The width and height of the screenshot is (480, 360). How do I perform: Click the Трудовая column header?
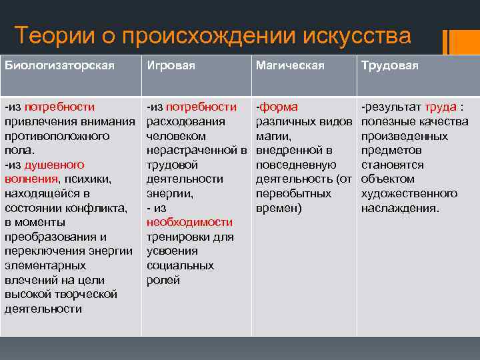point(389,65)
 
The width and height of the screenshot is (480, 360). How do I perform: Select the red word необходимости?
point(190,223)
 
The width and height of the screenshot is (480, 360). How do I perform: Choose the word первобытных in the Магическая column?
point(293,194)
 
